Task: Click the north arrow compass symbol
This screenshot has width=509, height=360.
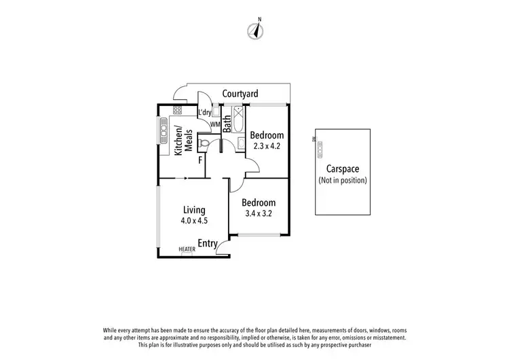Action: click(257, 30)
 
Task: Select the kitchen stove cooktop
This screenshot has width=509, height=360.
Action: click(177, 110)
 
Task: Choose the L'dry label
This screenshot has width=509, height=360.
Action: click(205, 113)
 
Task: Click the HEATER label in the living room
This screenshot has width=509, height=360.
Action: click(187, 249)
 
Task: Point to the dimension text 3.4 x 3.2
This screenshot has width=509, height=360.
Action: click(259, 213)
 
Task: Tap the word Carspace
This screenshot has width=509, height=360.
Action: click(343, 169)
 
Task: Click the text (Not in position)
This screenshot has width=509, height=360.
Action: click(343, 181)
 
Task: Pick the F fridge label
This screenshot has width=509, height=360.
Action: click(200, 160)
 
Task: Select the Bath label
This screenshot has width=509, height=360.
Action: click(227, 123)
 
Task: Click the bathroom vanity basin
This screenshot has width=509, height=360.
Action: click(241, 143)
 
